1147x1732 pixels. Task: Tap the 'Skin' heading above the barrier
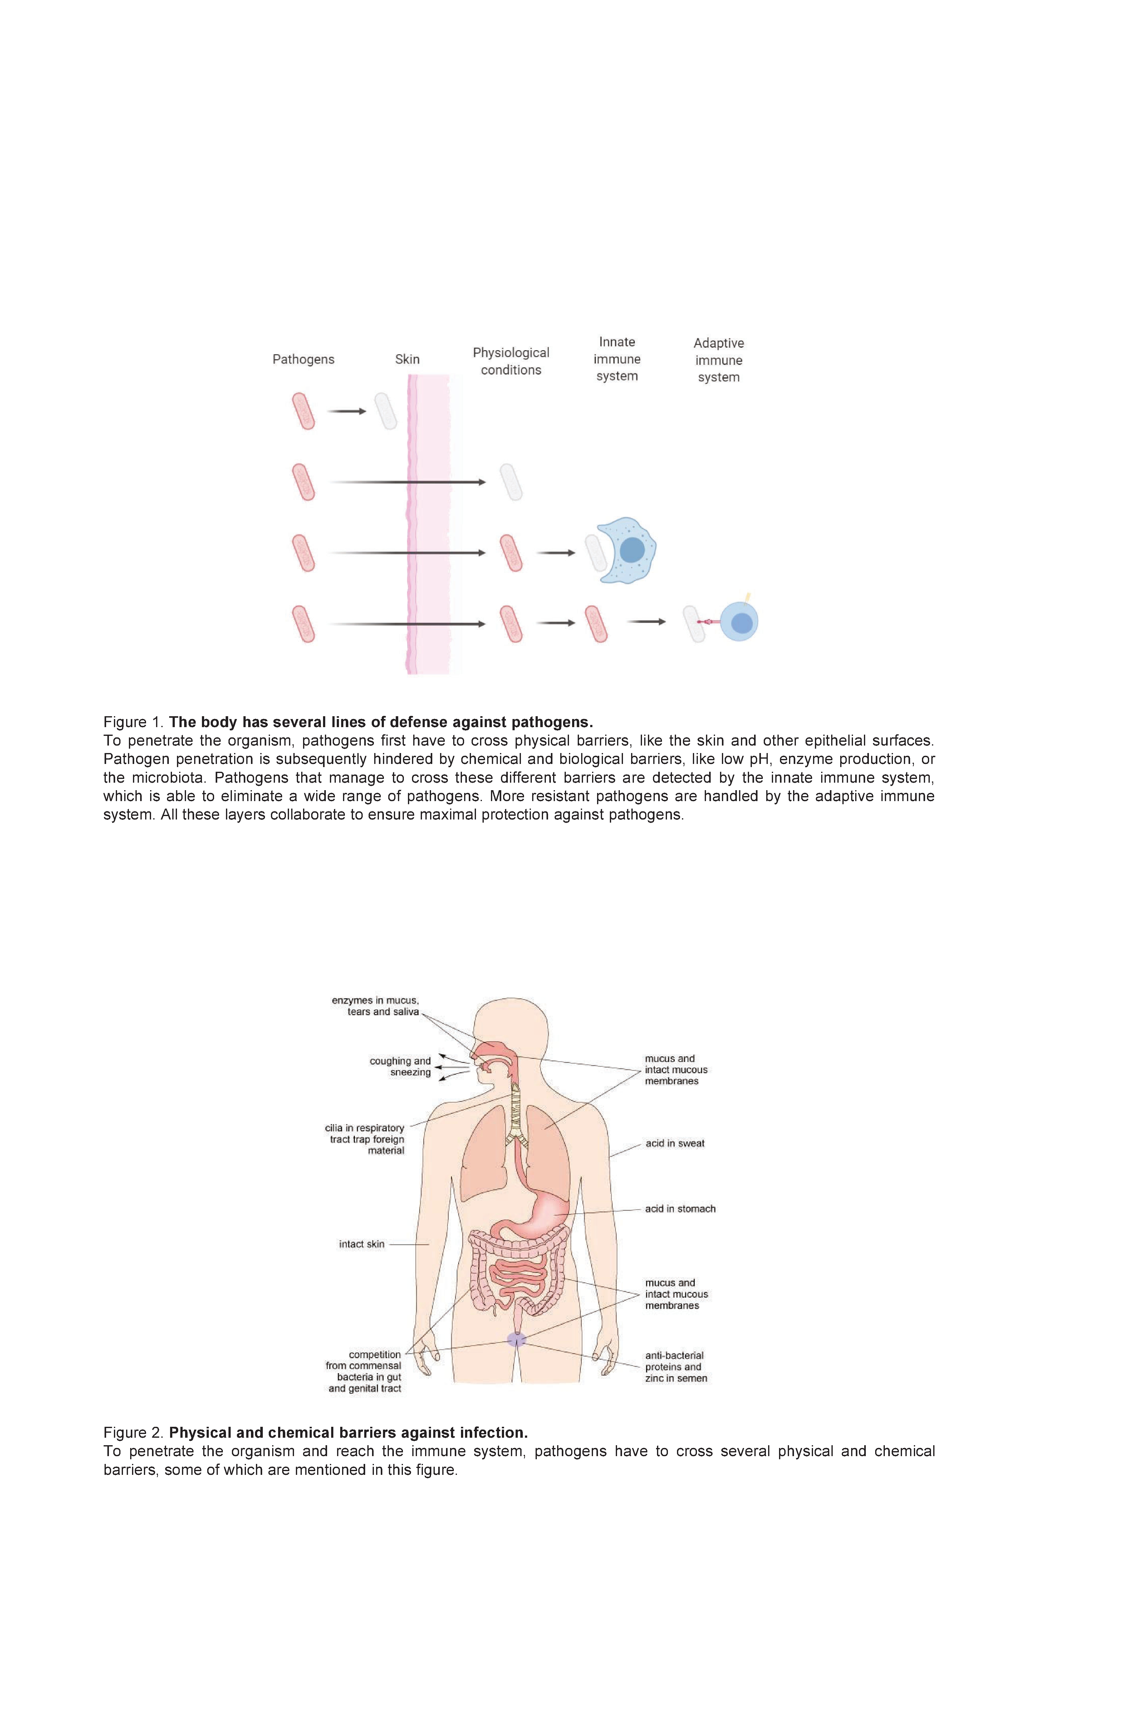pyautogui.click(x=407, y=359)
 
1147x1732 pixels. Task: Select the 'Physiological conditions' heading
pyautogui.click(x=511, y=361)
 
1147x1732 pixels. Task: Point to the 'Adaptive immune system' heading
pyautogui.click(x=718, y=360)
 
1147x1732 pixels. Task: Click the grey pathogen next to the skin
pyautogui.click(x=385, y=411)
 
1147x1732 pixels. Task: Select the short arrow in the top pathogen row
pyautogui.click(x=346, y=411)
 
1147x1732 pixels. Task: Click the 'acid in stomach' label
pyautogui.click(x=679, y=1209)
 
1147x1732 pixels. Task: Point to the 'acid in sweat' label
pyautogui.click(x=674, y=1143)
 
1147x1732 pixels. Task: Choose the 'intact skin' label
pyautogui.click(x=361, y=1244)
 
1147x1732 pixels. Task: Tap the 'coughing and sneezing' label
pyautogui.click(x=400, y=1066)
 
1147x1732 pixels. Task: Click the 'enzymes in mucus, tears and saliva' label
pyautogui.click(x=375, y=1006)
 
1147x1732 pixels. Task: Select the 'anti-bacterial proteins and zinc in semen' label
pyautogui.click(x=676, y=1367)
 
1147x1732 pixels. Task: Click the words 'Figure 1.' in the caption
pyautogui.click(x=135, y=722)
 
